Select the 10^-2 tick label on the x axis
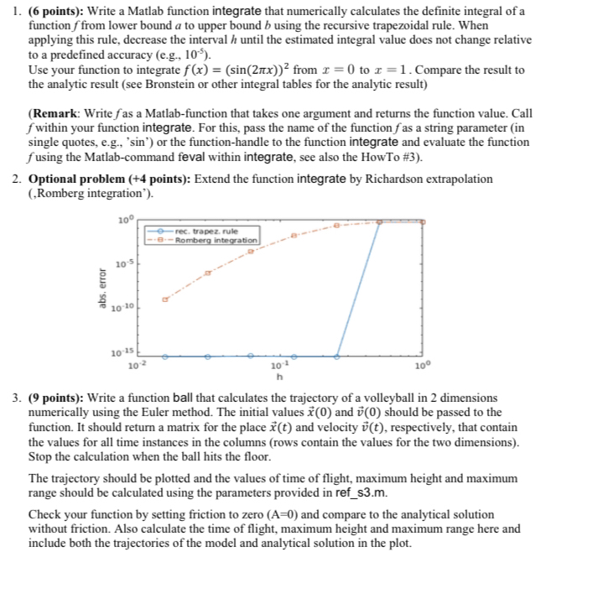[136, 367]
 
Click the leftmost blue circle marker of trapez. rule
[164, 357]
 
